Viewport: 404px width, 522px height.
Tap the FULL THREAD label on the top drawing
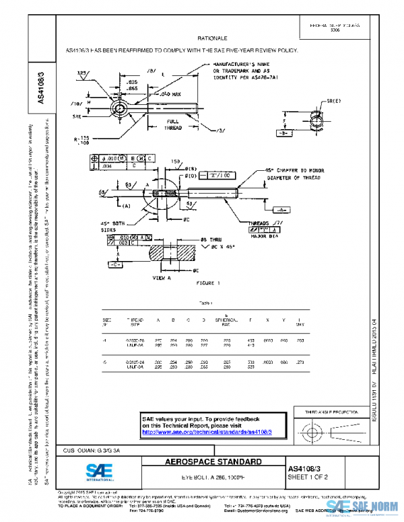tap(173, 124)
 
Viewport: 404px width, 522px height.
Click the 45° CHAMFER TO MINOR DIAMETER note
tap(304, 174)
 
